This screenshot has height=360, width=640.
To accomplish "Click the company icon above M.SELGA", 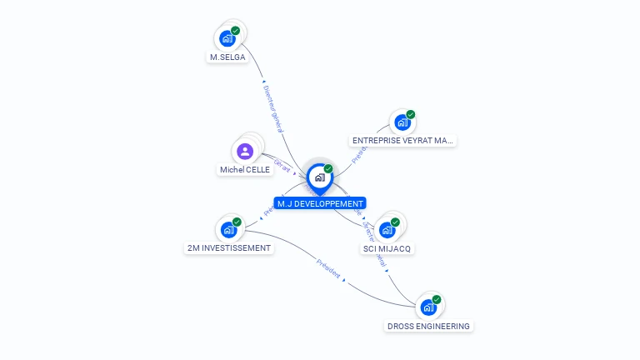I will pos(227,38).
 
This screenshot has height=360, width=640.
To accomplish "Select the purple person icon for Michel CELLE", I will pos(244,151).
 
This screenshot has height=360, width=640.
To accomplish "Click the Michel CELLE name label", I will pos(245,169).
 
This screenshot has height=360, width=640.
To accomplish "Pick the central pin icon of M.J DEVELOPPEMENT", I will pos(319,177).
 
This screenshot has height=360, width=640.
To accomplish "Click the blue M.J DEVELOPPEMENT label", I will pos(320,203).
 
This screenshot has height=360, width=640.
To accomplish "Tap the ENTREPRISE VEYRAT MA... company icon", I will pos(402,122).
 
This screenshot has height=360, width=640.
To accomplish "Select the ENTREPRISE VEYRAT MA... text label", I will pos(403,141).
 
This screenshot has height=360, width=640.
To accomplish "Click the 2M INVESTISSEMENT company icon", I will pos(228,230).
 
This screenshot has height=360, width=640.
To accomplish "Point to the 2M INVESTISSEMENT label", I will pos(229,248).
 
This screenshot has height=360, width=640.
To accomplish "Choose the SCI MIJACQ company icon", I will pos(387,230).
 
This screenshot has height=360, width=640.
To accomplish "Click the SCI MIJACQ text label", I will pos(387,248).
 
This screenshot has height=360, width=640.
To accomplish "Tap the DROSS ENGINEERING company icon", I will pos(428,307).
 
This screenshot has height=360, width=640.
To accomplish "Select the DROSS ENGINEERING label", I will pos(428,327).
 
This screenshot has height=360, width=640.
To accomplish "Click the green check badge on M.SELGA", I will pos(236,31).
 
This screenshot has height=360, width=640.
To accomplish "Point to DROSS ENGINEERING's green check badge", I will pos(437,300).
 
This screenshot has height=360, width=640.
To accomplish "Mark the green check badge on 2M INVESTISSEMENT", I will pos(237,222).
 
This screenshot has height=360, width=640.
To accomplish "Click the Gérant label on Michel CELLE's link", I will pos(282,166).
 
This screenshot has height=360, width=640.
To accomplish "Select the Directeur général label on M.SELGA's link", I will pos(273,108).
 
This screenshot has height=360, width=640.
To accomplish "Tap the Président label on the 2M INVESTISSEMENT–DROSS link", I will pos(328,270).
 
